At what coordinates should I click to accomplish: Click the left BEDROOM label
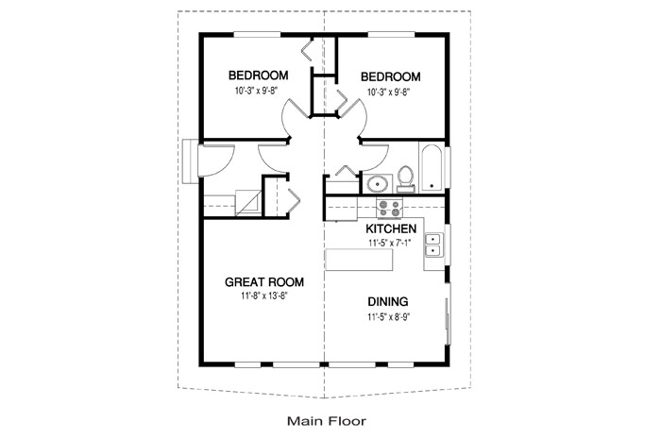259,76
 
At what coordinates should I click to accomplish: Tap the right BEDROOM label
390,76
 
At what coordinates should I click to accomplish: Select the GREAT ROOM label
263,281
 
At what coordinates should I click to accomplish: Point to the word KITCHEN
392,228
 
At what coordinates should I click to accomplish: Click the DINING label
387,302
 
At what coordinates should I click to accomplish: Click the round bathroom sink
378,183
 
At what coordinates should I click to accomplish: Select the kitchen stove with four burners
389,208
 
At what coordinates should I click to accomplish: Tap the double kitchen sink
433,245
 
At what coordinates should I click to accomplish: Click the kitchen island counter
369,258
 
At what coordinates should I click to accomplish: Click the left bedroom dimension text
259,93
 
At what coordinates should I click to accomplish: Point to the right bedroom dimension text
390,93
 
